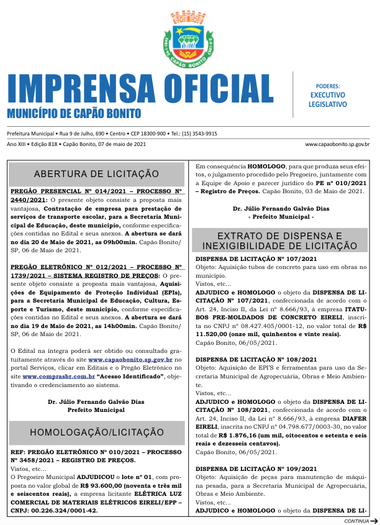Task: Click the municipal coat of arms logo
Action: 190,39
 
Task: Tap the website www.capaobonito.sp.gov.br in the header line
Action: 337,144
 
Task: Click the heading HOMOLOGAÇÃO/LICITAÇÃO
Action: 96,432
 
